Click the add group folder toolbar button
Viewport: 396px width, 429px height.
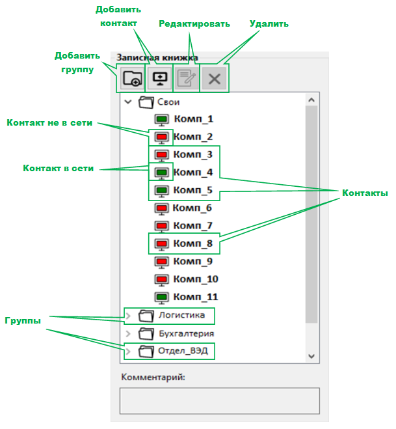pyautogui.click(x=131, y=79)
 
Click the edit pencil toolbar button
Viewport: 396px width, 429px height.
pyautogui.click(x=187, y=79)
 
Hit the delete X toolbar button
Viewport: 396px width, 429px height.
pyautogui.click(x=215, y=79)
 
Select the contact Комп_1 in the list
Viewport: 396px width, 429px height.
pyautogui.click(x=193, y=119)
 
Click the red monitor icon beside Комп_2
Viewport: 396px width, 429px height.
pyautogui.click(x=161, y=137)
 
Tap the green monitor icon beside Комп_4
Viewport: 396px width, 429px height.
pyautogui.click(x=161, y=173)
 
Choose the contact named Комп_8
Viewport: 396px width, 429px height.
pyautogui.click(x=193, y=243)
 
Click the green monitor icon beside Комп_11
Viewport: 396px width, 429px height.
pyautogui.click(x=161, y=298)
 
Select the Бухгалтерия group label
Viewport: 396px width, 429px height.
pyautogui.click(x=186, y=333)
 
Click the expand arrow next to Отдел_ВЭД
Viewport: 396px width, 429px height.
pyautogui.click(x=128, y=352)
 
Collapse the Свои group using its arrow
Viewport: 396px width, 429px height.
pyautogui.click(x=128, y=102)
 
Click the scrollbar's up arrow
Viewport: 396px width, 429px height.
pyautogui.click(x=311, y=100)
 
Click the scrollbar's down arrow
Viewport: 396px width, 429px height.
pyautogui.click(x=311, y=355)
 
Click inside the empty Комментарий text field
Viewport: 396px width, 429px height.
pyautogui.click(x=219, y=401)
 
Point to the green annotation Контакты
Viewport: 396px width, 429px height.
pyautogui.click(x=365, y=193)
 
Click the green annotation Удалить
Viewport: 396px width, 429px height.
pyautogui.click(x=269, y=23)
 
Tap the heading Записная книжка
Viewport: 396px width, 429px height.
pyautogui.click(x=157, y=57)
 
